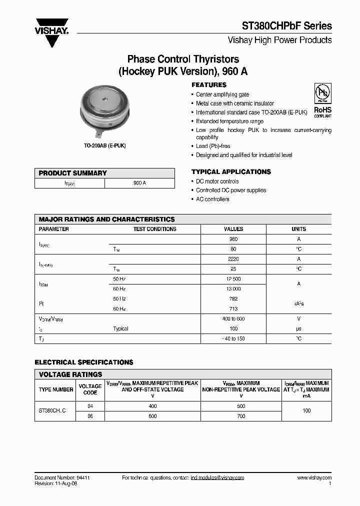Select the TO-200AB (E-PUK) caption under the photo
104,145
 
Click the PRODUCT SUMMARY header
73,173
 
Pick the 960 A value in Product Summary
139,183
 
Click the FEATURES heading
209,85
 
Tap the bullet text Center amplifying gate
222,94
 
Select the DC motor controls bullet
217,181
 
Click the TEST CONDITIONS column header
154,229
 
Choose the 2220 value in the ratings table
233,259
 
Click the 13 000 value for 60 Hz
233,289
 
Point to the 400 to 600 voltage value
233,318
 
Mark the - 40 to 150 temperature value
233,338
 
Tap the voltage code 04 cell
90,406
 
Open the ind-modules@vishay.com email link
217,478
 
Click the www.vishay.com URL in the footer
314,478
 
